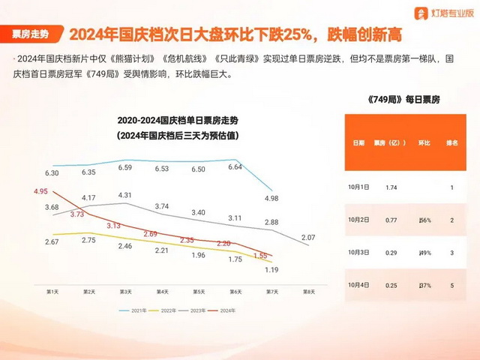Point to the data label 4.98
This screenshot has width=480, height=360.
point(271,198)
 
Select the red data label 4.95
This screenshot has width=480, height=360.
point(40,191)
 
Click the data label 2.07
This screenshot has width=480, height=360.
point(307,237)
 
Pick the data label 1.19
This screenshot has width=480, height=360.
point(271,269)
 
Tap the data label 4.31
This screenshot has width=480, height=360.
point(124,195)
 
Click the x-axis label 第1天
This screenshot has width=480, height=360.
point(53,291)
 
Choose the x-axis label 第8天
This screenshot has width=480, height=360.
point(307,291)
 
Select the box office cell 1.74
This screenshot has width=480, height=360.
point(391,187)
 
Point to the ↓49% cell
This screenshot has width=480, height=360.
point(425,253)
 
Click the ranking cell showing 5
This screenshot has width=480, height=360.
point(451,285)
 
